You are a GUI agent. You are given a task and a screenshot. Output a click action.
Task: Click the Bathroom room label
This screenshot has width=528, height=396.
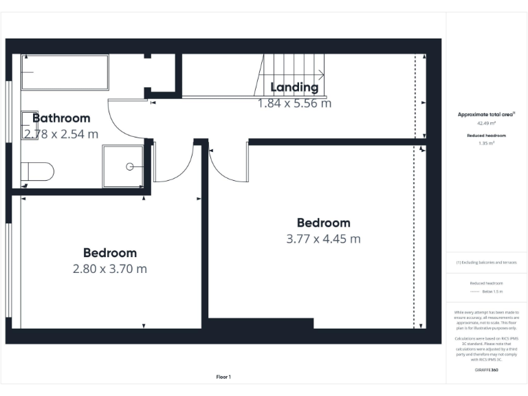[61, 118]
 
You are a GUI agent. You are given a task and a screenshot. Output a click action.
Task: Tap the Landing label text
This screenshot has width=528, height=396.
[294, 87]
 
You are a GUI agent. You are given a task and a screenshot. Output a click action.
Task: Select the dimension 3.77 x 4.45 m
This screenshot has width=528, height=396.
[323, 239]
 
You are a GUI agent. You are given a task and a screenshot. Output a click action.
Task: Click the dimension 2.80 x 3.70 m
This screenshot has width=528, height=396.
[110, 269]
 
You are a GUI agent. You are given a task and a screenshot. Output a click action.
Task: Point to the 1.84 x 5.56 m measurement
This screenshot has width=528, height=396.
[294, 103]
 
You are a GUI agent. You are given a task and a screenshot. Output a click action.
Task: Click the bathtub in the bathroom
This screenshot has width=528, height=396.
[65, 72]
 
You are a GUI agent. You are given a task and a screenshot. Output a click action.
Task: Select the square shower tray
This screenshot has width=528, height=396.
[122, 167]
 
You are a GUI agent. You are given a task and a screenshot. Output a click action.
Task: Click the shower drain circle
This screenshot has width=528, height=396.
[129, 166]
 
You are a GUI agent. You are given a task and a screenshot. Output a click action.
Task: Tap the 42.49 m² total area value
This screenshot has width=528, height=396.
[487, 124]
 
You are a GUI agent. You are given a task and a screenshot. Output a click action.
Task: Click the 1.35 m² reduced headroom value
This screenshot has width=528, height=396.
[487, 144]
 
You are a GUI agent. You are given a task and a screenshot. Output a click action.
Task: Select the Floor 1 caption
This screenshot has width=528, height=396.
[223, 377]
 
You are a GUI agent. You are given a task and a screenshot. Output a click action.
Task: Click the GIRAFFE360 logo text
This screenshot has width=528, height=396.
[487, 371]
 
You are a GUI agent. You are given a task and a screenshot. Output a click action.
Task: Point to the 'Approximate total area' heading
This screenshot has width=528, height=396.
[485, 115]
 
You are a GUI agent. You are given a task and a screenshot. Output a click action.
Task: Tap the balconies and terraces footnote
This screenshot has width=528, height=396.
[487, 263]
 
